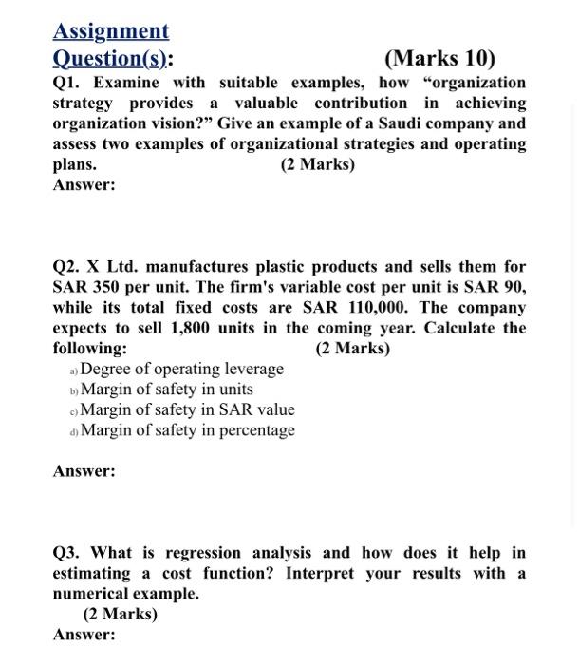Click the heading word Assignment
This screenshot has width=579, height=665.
(111, 31)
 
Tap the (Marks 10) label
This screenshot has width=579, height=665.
(439, 59)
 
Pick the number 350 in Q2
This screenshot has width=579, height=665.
(106, 287)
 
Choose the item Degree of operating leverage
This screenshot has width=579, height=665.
(182, 369)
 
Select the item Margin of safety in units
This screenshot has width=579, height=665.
(167, 389)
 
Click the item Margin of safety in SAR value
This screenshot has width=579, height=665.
(187, 409)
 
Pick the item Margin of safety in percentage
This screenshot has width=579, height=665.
(187, 430)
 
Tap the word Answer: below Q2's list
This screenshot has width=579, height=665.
(84, 471)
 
